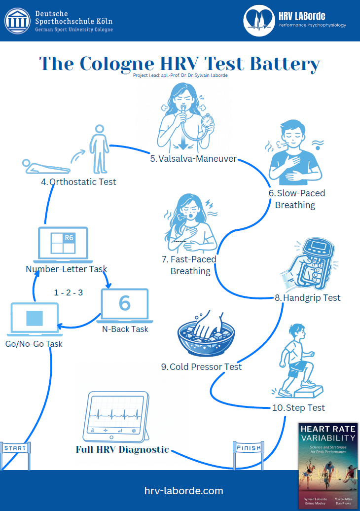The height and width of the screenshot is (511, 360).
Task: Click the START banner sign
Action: click(15, 448)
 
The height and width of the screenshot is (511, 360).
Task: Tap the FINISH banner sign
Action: click(249, 448)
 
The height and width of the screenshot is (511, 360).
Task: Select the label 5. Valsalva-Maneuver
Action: click(193, 159)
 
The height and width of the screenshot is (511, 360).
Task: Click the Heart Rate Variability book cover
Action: click(328, 466)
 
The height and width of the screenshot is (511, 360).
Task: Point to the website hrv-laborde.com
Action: click(184, 491)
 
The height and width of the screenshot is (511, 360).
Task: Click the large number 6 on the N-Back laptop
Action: click(125, 303)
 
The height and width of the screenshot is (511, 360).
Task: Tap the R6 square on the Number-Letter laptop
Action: click(69, 238)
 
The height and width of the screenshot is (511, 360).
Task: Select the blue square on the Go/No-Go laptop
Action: click(35, 318)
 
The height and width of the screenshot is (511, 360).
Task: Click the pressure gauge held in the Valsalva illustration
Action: click(207, 121)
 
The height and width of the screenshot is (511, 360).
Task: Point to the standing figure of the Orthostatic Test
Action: click(99, 149)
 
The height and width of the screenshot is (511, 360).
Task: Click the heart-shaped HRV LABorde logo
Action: click(259, 20)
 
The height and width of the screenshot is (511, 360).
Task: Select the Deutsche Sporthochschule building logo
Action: click(18, 21)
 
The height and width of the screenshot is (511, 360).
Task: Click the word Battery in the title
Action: click(285, 64)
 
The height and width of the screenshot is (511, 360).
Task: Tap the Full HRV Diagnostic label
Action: click(122, 449)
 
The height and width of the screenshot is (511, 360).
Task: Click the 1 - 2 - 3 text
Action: click(69, 292)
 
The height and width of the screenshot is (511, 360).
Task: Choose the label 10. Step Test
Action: click(298, 408)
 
